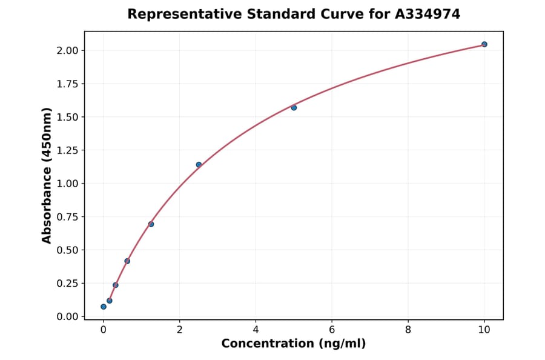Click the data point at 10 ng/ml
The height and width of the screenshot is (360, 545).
tap(484, 44)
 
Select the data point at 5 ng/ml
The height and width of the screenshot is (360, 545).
tap(294, 107)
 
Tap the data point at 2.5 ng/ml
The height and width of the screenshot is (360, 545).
tap(199, 164)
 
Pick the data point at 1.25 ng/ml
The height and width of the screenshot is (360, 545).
tap(151, 224)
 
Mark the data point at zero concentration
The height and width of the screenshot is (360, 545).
tap(104, 307)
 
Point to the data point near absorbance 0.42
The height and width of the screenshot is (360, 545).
tap(127, 261)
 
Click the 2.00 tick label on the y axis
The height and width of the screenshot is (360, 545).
tap(67, 50)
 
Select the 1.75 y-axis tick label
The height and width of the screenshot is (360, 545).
tap(67, 84)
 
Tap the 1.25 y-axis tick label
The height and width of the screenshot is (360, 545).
tap(67, 150)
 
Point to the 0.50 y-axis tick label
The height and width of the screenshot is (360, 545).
tap(67, 250)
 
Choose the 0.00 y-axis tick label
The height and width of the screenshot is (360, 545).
tap(67, 316)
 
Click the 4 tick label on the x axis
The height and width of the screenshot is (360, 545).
tap(256, 330)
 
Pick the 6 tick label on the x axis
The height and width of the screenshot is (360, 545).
tap(332, 330)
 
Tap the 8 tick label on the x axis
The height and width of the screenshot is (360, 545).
tap(408, 330)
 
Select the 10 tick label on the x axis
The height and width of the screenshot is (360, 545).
tap(484, 330)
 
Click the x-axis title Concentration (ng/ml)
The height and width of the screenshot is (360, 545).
tap(293, 344)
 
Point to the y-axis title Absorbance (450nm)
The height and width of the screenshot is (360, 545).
tap(47, 175)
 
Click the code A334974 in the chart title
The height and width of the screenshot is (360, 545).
tap(428, 14)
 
